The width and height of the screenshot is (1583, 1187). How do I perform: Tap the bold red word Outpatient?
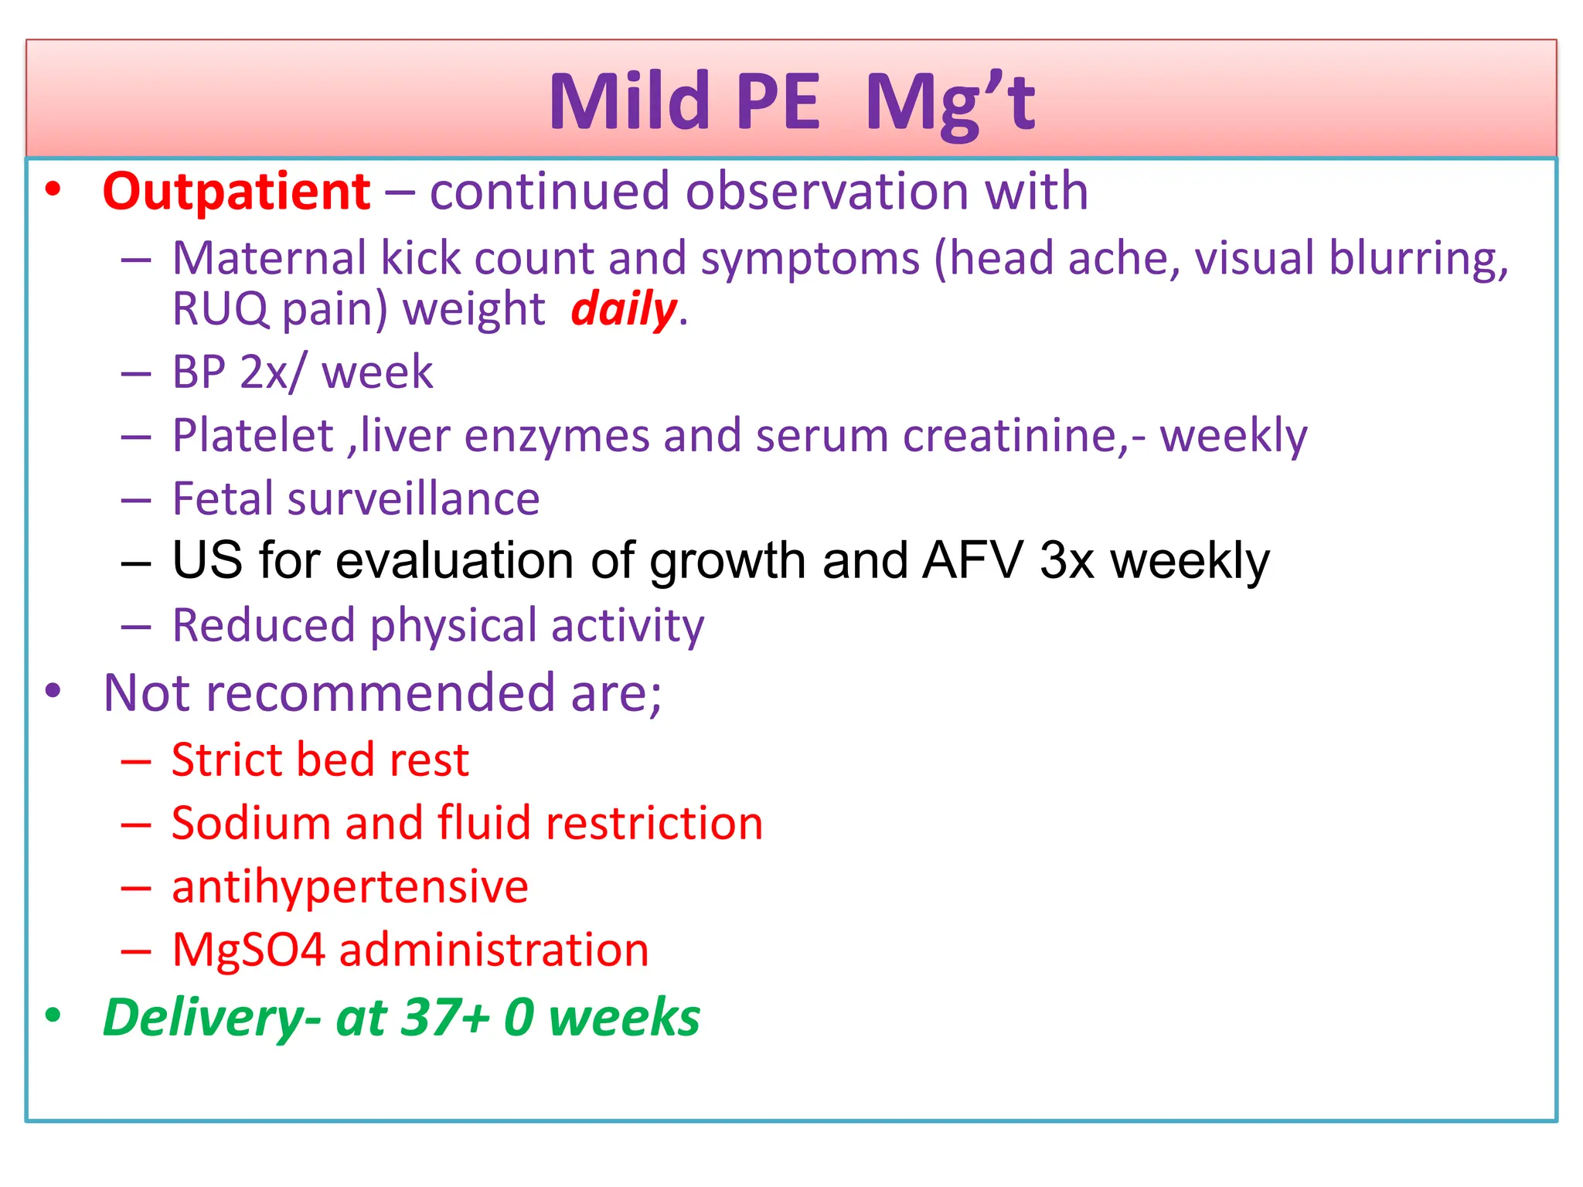[x=237, y=192]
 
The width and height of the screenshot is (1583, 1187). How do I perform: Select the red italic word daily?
[x=623, y=309]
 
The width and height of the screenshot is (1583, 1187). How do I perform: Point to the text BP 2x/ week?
[x=302, y=372]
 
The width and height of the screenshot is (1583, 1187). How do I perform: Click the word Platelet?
[x=253, y=436]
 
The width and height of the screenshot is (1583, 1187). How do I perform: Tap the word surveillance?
[x=413, y=499]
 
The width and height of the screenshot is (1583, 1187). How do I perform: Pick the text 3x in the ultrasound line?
[x=1066, y=561]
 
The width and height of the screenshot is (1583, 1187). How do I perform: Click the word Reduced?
[x=264, y=625]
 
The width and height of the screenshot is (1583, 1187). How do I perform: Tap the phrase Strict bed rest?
[x=320, y=760]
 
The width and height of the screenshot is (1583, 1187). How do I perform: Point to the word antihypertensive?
[x=349, y=886]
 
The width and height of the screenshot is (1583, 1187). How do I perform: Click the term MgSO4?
[x=249, y=950]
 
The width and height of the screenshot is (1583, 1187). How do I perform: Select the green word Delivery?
[x=203, y=1018]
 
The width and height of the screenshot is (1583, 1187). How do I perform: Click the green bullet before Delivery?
[x=53, y=1015]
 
